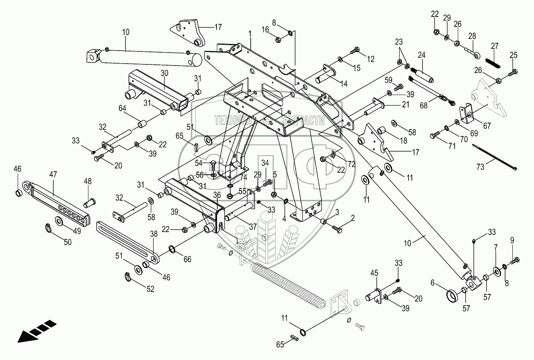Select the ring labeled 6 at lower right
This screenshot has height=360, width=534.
pos(454,295)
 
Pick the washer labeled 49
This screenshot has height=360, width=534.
pos(60,221)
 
